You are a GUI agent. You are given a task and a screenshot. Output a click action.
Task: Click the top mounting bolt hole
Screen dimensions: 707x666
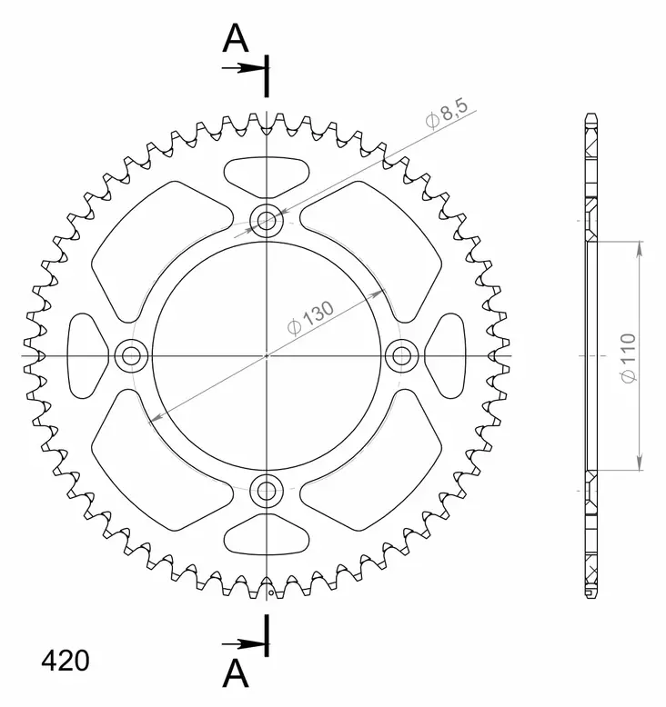tap(267, 220)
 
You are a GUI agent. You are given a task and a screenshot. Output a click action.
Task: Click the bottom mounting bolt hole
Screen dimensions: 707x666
tap(267, 492)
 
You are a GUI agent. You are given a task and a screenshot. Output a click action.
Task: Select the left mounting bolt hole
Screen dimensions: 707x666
tap(130, 355)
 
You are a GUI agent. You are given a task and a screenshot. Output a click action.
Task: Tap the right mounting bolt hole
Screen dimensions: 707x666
tap(401, 355)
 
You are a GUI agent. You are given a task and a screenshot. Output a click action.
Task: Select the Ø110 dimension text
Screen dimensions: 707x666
tap(629, 357)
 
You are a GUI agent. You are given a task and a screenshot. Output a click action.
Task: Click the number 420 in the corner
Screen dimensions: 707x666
tap(65, 661)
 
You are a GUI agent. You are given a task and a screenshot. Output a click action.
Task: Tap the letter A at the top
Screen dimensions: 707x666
tap(236, 38)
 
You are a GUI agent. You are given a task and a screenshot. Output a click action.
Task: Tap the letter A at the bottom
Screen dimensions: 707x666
tap(236, 673)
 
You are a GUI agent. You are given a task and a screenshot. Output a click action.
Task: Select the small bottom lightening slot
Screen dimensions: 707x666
tap(266, 534)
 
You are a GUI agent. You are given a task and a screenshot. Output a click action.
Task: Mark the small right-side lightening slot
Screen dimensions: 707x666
tap(445, 355)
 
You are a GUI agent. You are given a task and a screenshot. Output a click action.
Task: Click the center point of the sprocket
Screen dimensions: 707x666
tap(267, 355)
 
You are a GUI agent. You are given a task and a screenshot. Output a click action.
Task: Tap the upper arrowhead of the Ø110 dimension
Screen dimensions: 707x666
tap(641, 248)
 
